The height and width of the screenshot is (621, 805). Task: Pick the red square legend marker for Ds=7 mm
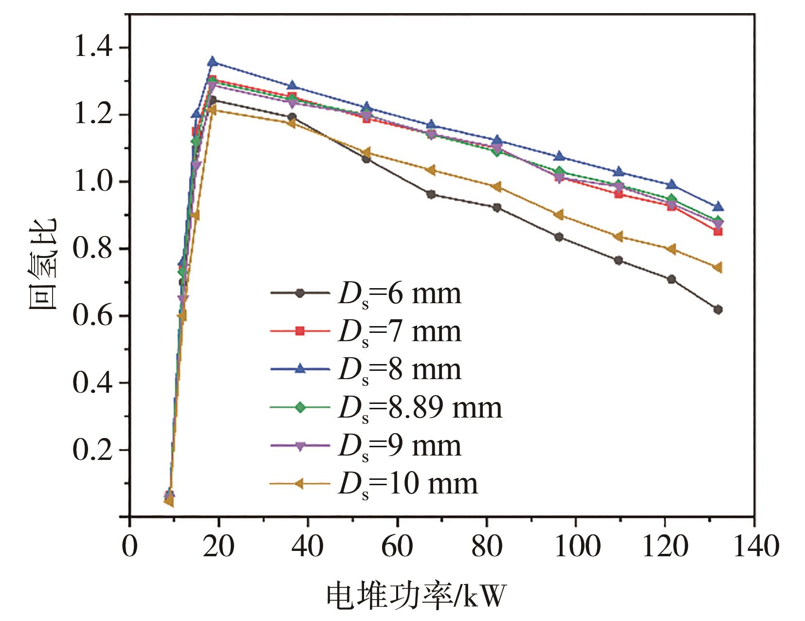click(x=300, y=331)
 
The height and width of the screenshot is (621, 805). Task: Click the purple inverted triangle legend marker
click(x=300, y=446)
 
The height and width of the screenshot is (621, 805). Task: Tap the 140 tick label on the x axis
click(x=754, y=546)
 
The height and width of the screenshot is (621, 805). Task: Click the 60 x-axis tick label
click(x=397, y=546)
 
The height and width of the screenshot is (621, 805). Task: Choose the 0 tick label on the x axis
click(x=129, y=546)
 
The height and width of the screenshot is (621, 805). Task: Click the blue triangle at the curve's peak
click(x=212, y=62)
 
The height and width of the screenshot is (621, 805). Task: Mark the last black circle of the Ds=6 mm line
click(x=717, y=310)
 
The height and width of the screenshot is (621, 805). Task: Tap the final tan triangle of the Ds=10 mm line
click(x=717, y=268)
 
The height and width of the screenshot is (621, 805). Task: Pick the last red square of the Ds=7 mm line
click(x=717, y=231)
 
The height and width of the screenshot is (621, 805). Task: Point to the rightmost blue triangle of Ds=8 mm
click(x=717, y=207)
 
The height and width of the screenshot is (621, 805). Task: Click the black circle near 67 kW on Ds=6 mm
click(x=431, y=194)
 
